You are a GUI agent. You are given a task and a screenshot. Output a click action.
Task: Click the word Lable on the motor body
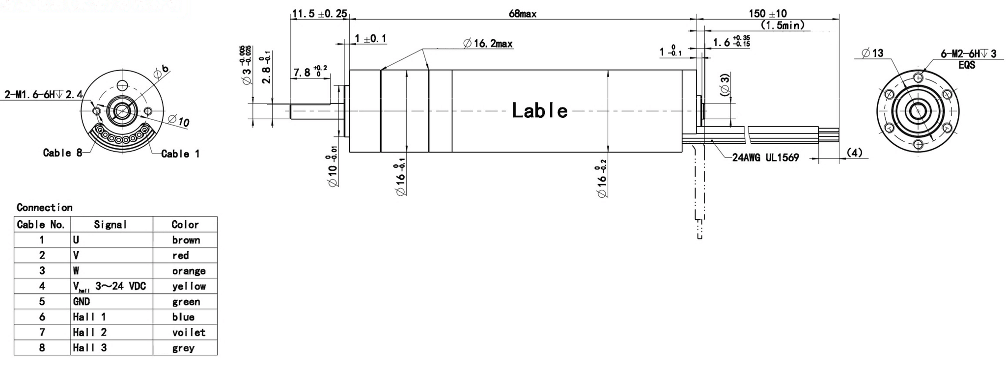539,111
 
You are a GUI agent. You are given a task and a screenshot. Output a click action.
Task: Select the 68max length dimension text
522,14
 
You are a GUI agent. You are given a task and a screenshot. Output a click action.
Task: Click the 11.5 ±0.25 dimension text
319,14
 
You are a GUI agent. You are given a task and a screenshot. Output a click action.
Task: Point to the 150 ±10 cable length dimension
767,14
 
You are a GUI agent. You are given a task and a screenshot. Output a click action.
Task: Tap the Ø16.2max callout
488,44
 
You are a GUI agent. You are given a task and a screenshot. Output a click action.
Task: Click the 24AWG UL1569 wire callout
765,158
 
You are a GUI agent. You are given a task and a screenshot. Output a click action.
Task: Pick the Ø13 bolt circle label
872,53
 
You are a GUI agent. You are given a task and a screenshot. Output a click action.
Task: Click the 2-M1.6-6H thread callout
43,94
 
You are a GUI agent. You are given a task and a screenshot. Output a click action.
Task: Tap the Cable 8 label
63,153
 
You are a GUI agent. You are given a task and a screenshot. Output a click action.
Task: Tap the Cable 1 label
180,154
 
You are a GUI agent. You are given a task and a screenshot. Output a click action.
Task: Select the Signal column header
111,225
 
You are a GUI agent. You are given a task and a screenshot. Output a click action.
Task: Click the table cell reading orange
189,271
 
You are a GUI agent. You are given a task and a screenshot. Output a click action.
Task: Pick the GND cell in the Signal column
82,301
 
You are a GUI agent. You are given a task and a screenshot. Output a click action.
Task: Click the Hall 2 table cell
90,332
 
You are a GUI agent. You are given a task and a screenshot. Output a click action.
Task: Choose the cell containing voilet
189,332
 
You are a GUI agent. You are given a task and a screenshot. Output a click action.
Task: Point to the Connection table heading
44,207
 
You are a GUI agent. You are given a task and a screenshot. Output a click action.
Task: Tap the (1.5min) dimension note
782,25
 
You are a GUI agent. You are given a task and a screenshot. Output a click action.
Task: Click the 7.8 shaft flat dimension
309,73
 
